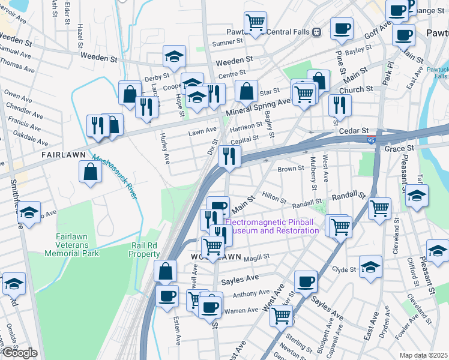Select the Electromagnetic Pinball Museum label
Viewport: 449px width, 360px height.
point(271,226)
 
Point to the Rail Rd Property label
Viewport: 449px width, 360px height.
point(144,250)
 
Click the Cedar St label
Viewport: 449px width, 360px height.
point(354,130)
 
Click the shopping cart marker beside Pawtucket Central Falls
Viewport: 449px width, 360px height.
point(256,23)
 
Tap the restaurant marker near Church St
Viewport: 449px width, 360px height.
point(340,104)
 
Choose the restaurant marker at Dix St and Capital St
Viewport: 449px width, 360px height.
point(230,155)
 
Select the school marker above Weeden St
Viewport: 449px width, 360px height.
point(175,56)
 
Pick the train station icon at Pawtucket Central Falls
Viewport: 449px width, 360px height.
point(318,32)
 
